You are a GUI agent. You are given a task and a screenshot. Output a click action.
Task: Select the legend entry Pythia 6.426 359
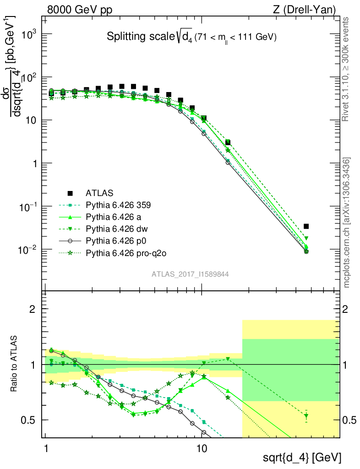[x=118, y=205]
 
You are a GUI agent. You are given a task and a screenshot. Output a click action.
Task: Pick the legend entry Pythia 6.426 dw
[x=116, y=228]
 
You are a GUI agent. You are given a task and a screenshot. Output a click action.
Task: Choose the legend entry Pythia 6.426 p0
[x=116, y=240]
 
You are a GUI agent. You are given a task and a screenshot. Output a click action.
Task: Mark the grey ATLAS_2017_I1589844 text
[x=190, y=274]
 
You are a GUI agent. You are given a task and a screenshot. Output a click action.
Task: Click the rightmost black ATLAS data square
[x=306, y=226]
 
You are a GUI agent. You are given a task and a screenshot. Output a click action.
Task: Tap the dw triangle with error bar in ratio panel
[x=306, y=416]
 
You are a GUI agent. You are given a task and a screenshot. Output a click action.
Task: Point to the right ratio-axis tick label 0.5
[x=350, y=420]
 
